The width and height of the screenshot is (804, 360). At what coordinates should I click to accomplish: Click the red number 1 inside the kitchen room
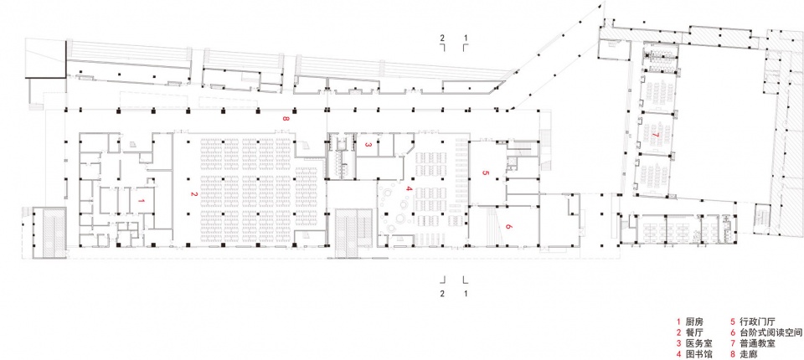[142, 202]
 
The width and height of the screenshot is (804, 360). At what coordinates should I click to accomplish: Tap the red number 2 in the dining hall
[193, 194]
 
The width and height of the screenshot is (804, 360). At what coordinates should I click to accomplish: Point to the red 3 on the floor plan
[368, 145]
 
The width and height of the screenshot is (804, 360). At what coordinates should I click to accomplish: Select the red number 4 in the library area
[409, 189]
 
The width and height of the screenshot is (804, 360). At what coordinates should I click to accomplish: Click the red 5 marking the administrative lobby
[485, 172]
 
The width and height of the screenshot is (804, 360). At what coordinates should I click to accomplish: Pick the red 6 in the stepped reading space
[508, 226]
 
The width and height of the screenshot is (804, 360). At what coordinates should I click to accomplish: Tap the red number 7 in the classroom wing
[656, 135]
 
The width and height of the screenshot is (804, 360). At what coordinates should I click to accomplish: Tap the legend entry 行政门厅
[753, 321]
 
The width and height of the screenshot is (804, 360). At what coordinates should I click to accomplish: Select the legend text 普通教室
[753, 343]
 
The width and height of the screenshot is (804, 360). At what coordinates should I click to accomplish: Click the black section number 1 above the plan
[466, 38]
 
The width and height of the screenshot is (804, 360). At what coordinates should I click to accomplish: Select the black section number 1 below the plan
[466, 294]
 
